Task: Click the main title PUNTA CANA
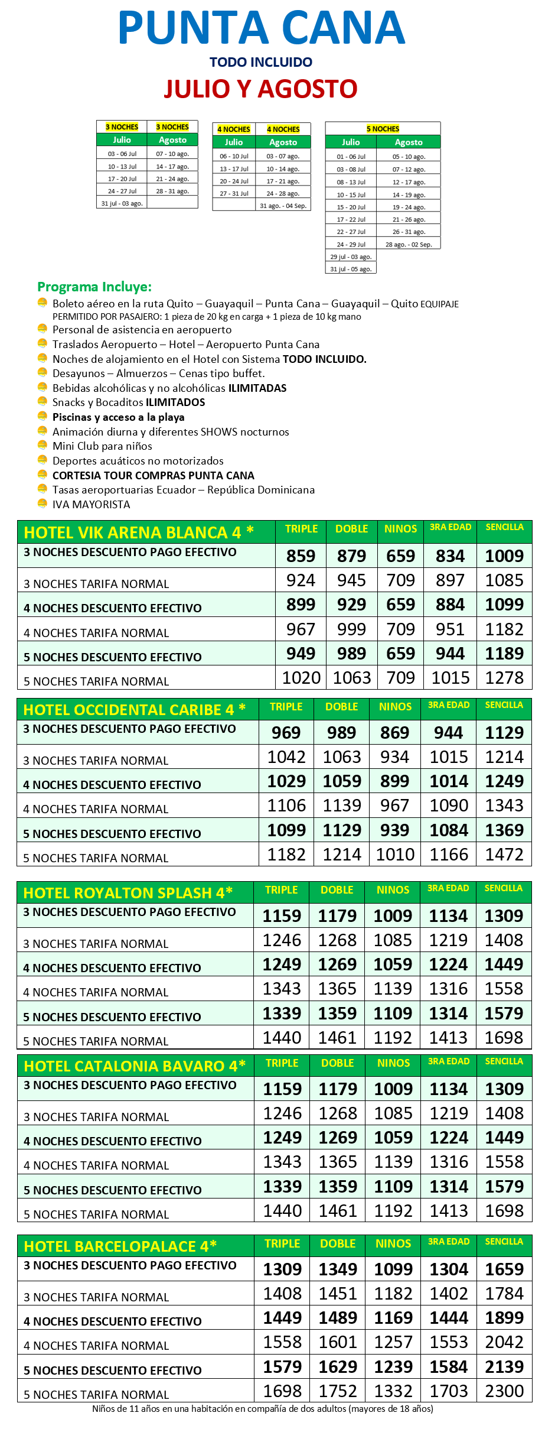tap(262, 28)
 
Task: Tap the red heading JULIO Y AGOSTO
tap(260, 89)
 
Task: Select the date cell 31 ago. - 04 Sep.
tap(283, 206)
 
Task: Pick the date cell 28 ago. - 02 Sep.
tap(409, 244)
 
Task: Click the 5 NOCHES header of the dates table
tap(383, 128)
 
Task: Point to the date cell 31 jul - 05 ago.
tap(351, 269)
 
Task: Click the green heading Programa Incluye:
tap(94, 287)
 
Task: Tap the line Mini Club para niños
tap(102, 446)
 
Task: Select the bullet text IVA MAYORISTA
tap(91, 504)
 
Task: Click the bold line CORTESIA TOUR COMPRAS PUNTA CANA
tap(153, 475)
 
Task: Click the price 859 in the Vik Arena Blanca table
tap(301, 556)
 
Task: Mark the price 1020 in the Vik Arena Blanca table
tap(301, 677)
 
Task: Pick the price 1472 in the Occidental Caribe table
tap(504, 854)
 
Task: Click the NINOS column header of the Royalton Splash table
tap(393, 890)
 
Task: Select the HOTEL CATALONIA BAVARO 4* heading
tap(135, 1066)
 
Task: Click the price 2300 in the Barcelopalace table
tap(504, 1391)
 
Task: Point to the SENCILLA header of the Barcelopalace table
tap(504, 1242)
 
